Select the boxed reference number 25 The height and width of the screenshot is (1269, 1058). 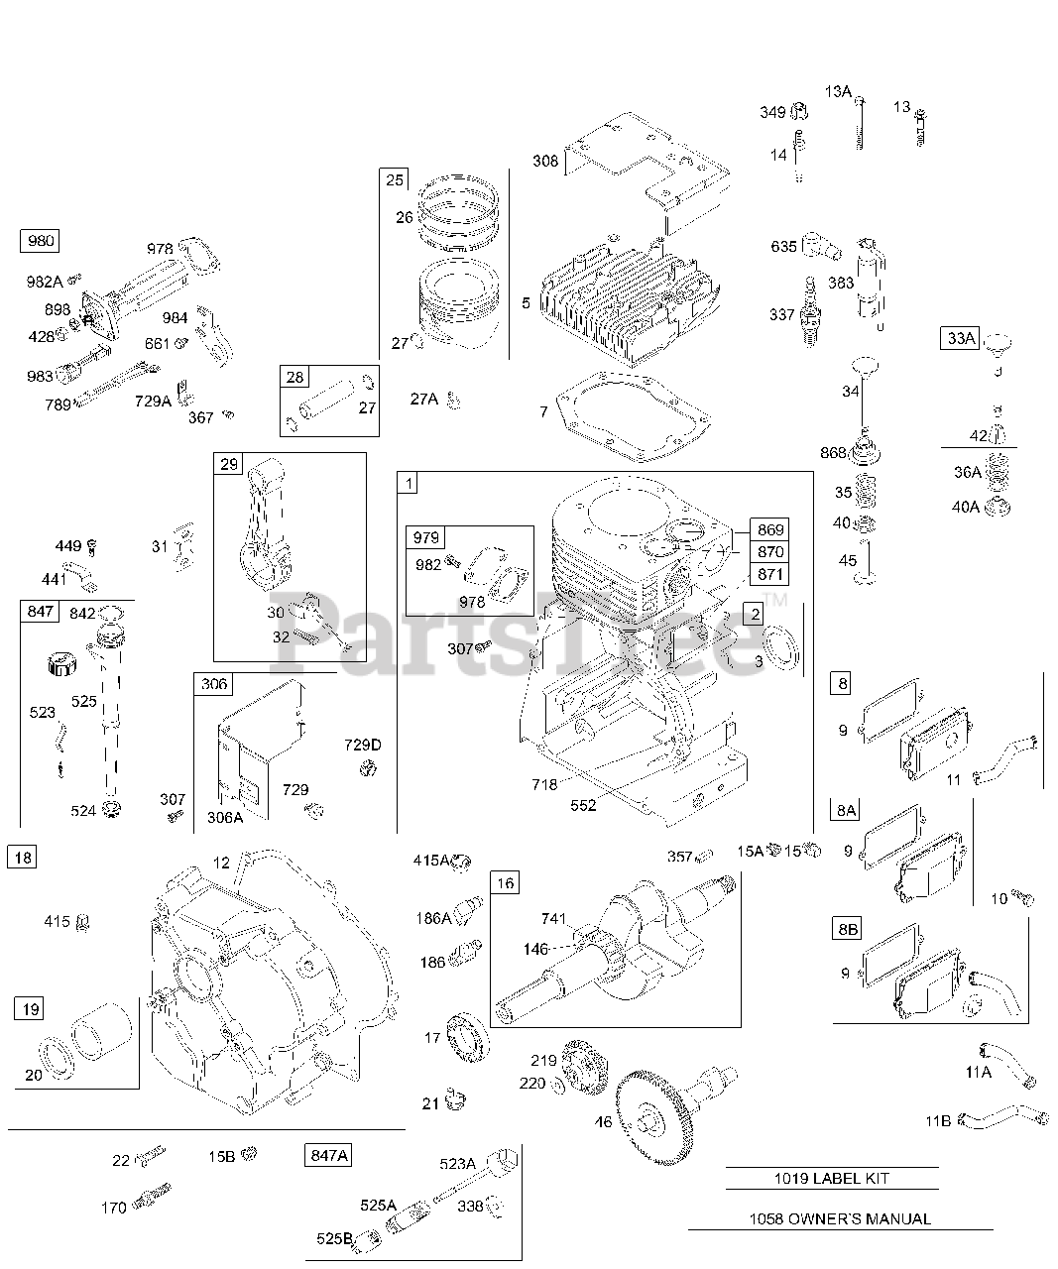(395, 179)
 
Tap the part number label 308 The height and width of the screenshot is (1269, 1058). (545, 161)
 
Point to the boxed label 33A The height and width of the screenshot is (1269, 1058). (960, 338)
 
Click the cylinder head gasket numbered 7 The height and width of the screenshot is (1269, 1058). (635, 416)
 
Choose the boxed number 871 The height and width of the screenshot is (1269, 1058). (769, 574)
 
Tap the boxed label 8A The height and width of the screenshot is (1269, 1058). (845, 810)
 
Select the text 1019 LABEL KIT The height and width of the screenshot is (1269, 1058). (832, 1179)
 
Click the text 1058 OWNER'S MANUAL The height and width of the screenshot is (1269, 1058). (838, 1219)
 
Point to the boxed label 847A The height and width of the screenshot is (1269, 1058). (328, 1155)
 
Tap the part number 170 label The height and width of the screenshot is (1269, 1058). (114, 1208)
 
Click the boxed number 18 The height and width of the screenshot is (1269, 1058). (22, 857)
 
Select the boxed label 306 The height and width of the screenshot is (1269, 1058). (214, 684)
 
